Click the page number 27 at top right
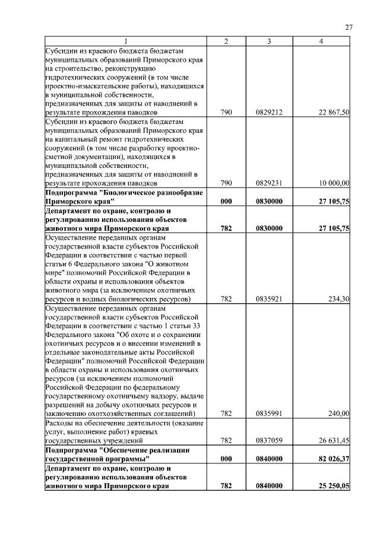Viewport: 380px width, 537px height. (349, 27)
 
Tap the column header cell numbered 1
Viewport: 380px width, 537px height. (125, 41)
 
